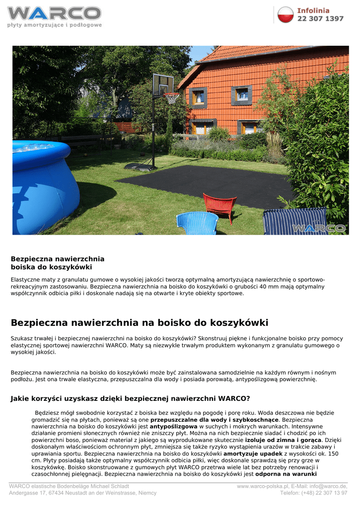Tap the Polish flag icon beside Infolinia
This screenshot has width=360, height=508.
point(286,14)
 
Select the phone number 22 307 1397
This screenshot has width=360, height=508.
point(320,19)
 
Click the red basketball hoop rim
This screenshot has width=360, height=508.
point(172,94)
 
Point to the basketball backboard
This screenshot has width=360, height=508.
point(162,84)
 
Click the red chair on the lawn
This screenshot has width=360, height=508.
point(219,205)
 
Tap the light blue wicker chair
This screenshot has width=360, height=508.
point(197,223)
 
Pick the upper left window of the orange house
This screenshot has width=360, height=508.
point(199,97)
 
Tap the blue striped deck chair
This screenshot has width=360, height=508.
point(295,221)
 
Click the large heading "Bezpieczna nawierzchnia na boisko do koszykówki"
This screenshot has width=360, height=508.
point(140,323)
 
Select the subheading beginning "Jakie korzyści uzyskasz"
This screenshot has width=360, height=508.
point(130,398)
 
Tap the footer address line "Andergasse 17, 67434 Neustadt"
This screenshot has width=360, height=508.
point(83,493)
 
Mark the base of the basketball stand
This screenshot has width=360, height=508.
point(141,166)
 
